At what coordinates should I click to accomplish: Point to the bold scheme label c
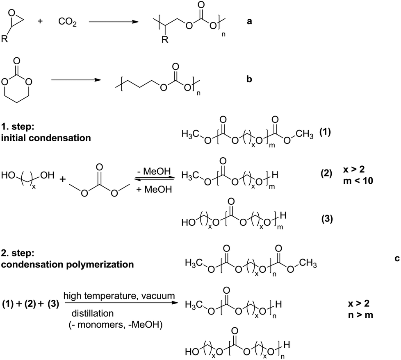pos(396,258)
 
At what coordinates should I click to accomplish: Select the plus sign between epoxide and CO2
pos(40,21)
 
